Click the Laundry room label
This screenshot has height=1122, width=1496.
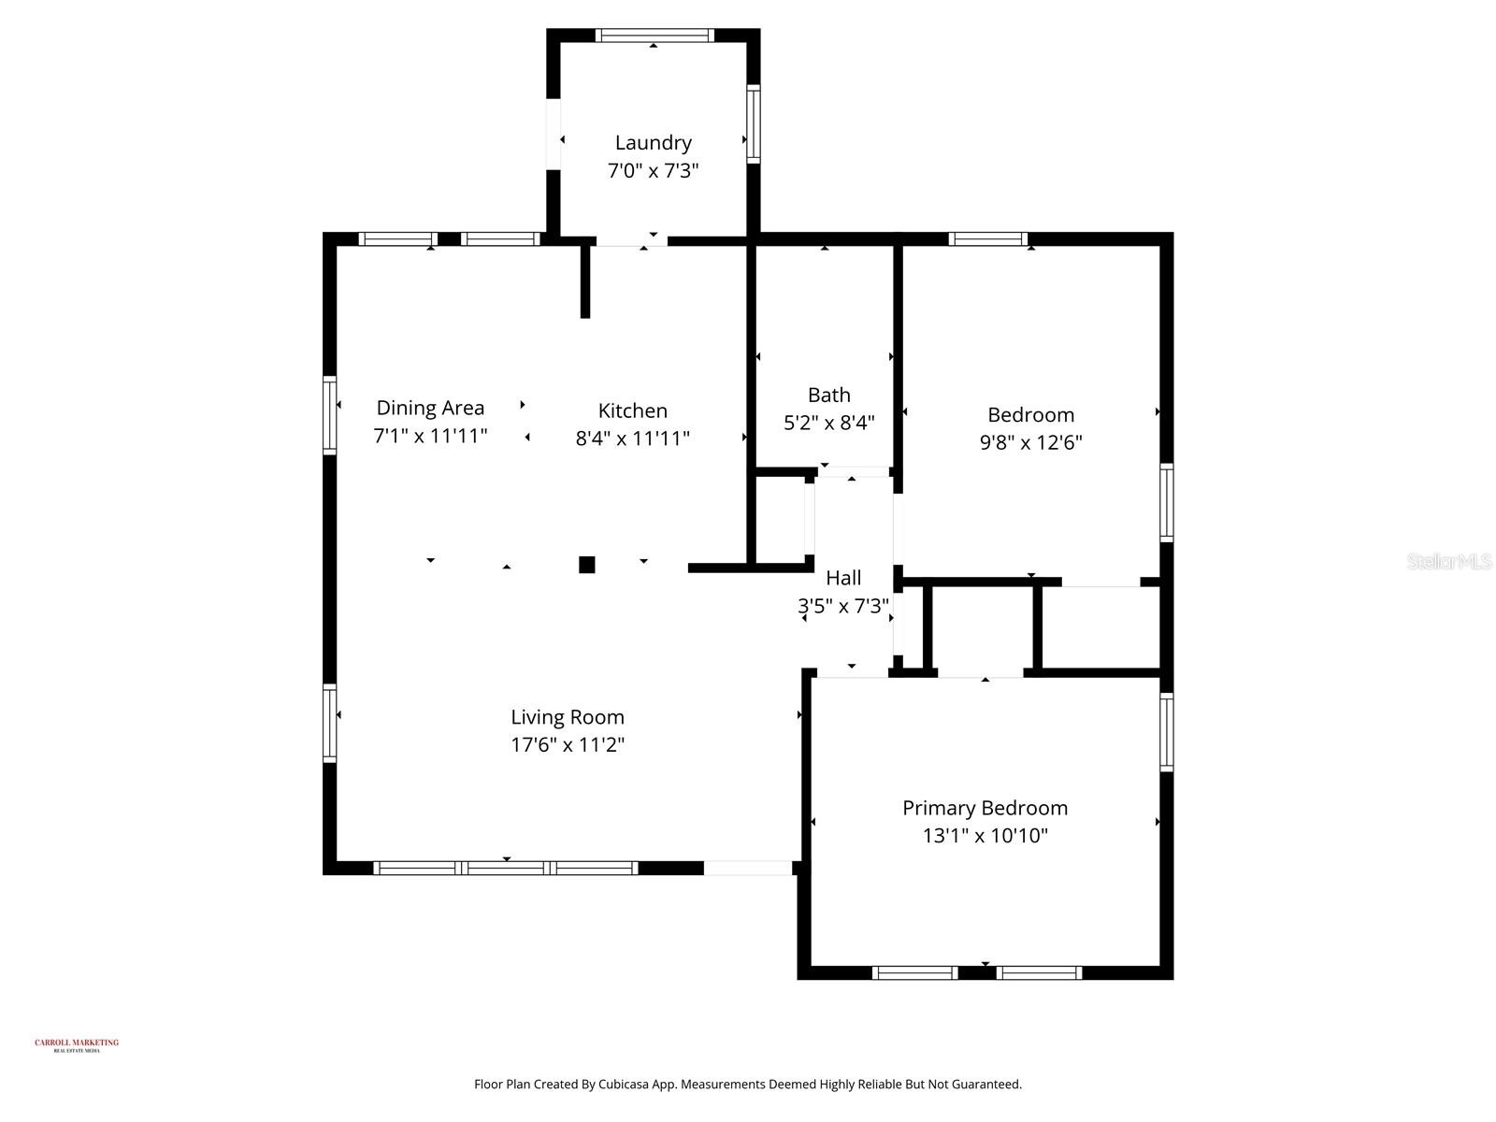tap(653, 143)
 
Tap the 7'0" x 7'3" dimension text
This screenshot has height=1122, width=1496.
tap(653, 171)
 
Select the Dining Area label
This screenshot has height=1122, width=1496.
tap(430, 408)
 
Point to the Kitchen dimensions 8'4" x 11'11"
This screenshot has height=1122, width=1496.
tap(632, 438)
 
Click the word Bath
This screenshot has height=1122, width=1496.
tap(828, 395)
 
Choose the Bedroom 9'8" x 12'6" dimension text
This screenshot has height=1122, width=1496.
tap(1030, 442)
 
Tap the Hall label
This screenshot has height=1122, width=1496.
tap(843, 578)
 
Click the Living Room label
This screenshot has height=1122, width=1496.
tap(567, 717)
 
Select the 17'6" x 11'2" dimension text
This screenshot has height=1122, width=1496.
tap(567, 745)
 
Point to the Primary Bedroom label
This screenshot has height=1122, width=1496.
tap(985, 808)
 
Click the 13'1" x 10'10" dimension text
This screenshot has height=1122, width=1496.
tap(985, 836)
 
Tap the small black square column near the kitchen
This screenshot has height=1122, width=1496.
tap(587, 565)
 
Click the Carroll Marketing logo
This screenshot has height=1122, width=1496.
tap(77, 1044)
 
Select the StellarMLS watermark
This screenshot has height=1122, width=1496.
tap(1449, 562)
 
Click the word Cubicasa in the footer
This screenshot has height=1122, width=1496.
tap(623, 1085)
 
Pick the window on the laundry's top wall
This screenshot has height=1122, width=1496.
tap(654, 36)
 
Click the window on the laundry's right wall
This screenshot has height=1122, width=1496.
tap(753, 123)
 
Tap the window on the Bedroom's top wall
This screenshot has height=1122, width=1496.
tap(987, 239)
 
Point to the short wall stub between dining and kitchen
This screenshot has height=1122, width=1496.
tap(585, 280)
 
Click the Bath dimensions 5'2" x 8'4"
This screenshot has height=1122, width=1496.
tap(828, 423)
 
